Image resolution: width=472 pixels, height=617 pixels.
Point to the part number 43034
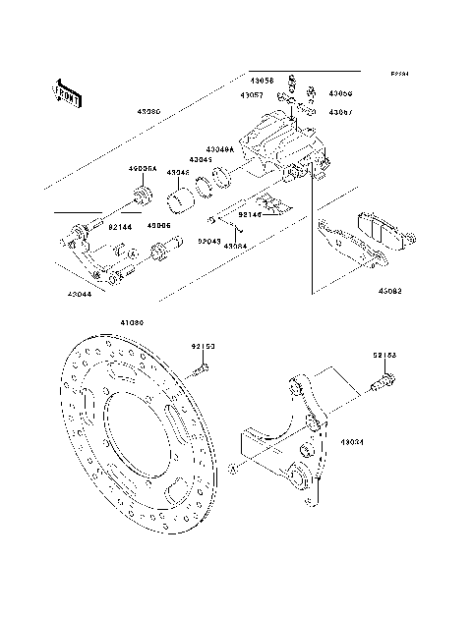(x=352, y=443)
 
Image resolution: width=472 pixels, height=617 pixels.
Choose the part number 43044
(x=82, y=294)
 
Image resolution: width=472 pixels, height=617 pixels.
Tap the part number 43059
(x=340, y=93)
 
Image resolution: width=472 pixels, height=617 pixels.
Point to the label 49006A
(x=143, y=168)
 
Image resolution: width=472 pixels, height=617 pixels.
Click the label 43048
(x=177, y=172)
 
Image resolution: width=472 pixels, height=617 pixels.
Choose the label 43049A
(x=220, y=149)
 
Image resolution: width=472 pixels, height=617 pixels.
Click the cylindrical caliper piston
(x=179, y=201)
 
